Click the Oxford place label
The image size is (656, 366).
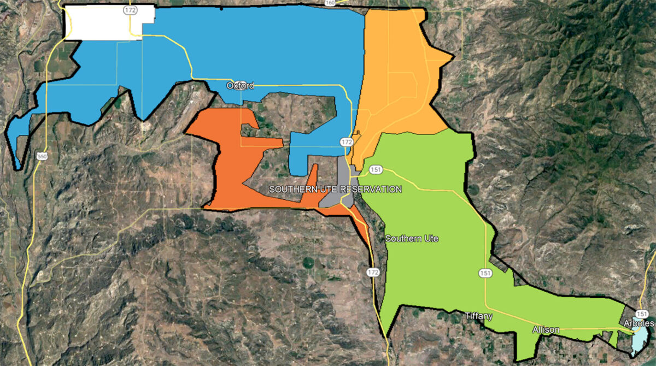(240, 86)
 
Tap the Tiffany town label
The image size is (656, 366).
(478, 316)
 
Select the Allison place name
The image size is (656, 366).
(546, 330)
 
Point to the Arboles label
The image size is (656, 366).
(638, 323)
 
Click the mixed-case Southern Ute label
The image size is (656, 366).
(412, 239)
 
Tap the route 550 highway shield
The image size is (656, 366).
(42, 157)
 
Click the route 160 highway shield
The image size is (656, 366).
(330, 3)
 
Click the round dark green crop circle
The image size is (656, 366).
(308, 263)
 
